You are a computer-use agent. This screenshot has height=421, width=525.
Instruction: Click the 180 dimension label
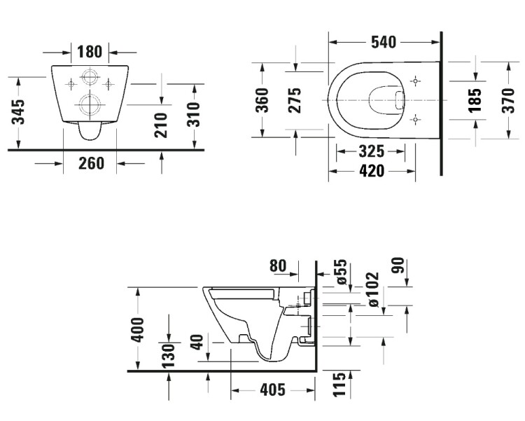point(90,52)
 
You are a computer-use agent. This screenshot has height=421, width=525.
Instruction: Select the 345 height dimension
point(18,112)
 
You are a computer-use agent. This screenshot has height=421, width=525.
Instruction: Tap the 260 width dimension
point(91,164)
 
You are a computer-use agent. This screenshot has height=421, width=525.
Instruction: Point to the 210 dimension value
point(161,125)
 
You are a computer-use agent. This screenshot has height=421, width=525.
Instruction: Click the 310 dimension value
point(193,115)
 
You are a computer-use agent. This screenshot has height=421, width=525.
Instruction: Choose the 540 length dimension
point(384,42)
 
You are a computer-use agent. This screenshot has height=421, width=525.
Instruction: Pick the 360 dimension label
point(262,100)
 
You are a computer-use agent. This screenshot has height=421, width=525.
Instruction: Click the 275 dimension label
point(294,100)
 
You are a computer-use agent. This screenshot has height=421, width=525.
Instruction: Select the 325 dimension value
point(371,151)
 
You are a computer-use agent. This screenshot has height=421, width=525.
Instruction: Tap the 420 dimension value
point(372,172)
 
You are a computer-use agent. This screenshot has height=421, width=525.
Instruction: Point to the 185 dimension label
point(475,100)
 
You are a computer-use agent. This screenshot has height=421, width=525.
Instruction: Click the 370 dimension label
point(508,100)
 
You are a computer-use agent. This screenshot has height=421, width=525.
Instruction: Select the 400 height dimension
point(137,330)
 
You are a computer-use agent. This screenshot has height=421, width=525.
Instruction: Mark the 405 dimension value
point(272,389)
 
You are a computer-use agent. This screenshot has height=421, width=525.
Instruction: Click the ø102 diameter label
point(372,289)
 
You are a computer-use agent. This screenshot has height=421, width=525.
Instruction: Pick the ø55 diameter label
point(341,272)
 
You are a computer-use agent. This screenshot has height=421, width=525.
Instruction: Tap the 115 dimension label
point(339,384)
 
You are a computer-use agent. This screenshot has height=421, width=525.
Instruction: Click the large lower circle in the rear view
point(90,104)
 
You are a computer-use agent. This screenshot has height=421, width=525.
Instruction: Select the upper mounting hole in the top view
point(415,81)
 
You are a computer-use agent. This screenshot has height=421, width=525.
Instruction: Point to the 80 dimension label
point(278,265)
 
